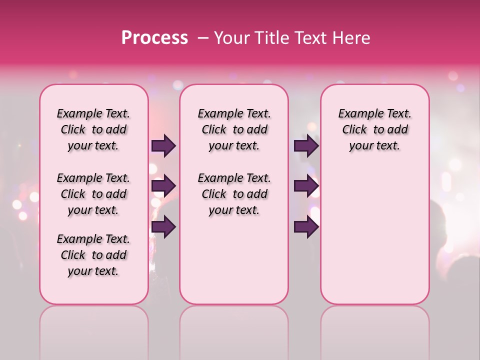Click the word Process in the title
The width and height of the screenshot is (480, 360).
[154, 38]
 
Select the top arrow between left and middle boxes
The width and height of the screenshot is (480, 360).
[163, 145]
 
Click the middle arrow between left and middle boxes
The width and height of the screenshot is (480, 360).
[163, 186]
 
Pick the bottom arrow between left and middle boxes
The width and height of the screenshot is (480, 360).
[163, 226]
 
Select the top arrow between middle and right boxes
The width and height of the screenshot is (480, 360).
[306, 145]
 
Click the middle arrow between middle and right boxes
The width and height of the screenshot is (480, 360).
[306, 186]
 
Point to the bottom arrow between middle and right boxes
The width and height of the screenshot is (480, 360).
[306, 226]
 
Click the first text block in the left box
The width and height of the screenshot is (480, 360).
[93, 129]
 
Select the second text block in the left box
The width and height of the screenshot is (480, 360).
[93, 194]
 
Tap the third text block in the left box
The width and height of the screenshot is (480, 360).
[93, 255]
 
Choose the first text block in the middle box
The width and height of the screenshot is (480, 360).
[234, 129]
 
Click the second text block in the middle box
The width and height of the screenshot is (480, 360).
[234, 194]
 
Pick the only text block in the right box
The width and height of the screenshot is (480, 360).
[374, 129]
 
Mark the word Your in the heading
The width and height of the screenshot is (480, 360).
[230, 38]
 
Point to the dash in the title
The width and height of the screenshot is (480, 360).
[202, 38]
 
